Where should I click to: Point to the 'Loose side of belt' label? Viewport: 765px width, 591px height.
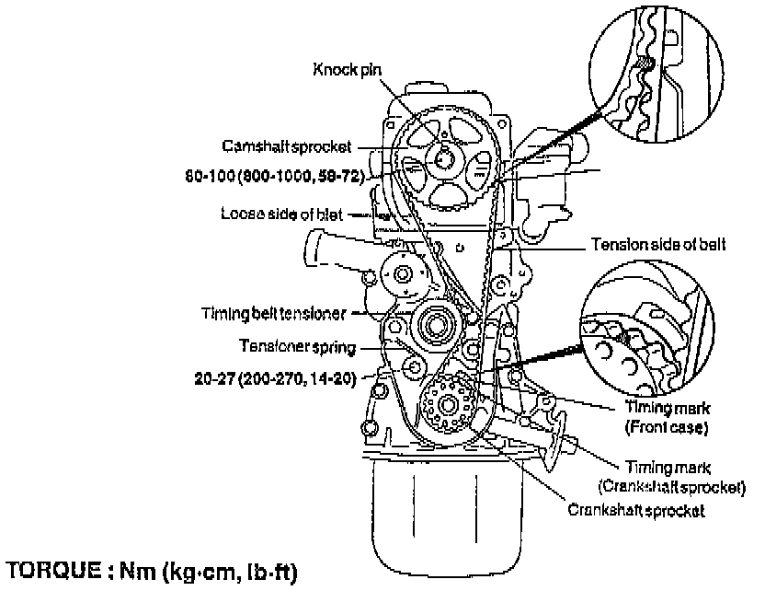click(281, 214)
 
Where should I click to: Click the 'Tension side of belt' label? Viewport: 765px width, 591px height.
click(658, 245)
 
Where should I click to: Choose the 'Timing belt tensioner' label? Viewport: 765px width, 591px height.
click(273, 313)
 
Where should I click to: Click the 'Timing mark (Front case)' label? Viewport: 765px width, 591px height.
click(667, 420)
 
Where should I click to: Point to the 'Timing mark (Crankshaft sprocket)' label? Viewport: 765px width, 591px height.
click(670, 477)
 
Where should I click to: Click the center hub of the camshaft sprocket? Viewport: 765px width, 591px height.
click(444, 158)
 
